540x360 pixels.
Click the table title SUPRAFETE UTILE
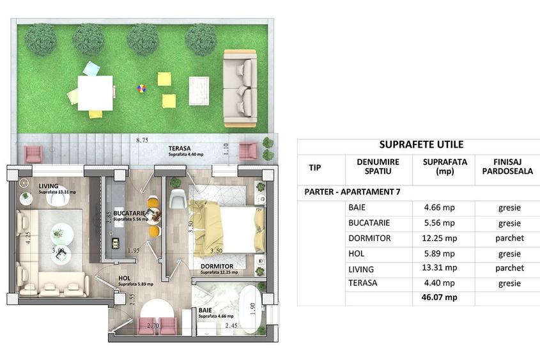coord(421,145)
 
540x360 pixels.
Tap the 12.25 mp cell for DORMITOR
coord(439,238)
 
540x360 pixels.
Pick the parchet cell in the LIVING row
coord(510,268)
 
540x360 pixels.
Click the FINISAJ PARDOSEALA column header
coord(509,168)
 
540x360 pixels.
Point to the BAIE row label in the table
coord(358,208)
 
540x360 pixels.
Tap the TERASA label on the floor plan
coord(180,148)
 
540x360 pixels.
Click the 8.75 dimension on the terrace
coord(142,139)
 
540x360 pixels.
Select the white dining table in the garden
coord(95,92)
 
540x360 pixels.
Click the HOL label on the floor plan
coord(125,278)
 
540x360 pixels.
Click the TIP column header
coord(316,168)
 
